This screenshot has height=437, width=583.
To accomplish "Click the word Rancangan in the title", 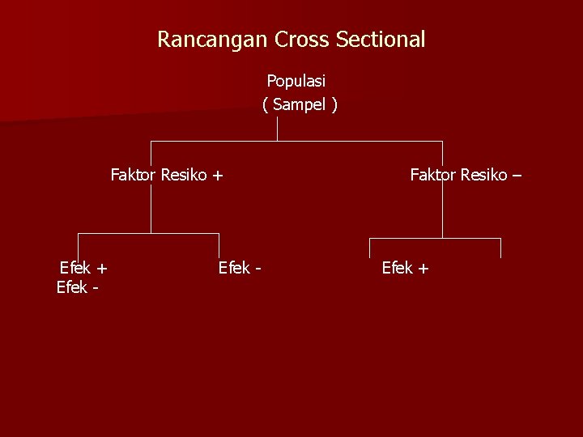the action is coord(213,39).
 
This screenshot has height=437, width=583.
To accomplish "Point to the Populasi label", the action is coord(296,81).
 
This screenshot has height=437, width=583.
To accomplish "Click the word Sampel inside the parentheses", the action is coord(300,104).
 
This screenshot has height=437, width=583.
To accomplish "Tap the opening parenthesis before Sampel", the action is coord(266,104).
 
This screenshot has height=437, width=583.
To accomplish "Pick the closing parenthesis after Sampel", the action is coord(334,104).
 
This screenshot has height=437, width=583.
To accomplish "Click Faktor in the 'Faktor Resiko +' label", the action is coord(134,174).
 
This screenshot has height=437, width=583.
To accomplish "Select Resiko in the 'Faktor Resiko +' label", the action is coord(185,174).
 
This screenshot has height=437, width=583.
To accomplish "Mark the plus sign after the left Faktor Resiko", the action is coord(218,175).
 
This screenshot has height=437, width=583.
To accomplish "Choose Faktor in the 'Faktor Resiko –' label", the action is coord(434,174).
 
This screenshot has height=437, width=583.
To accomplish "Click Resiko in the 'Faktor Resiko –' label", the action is coord(485,174).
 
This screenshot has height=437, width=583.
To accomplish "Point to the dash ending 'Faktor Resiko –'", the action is coord(517,175).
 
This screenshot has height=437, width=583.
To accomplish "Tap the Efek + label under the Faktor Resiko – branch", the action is coord(406,268).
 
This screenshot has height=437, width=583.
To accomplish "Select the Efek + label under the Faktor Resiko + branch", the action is coord(84,268).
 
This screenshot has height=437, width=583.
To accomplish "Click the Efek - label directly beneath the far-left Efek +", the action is coord(79,286).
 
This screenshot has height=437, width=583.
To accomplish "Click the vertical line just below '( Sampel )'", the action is coord(278,128).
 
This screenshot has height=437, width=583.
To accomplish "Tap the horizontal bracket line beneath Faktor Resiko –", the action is coord(435,239).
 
